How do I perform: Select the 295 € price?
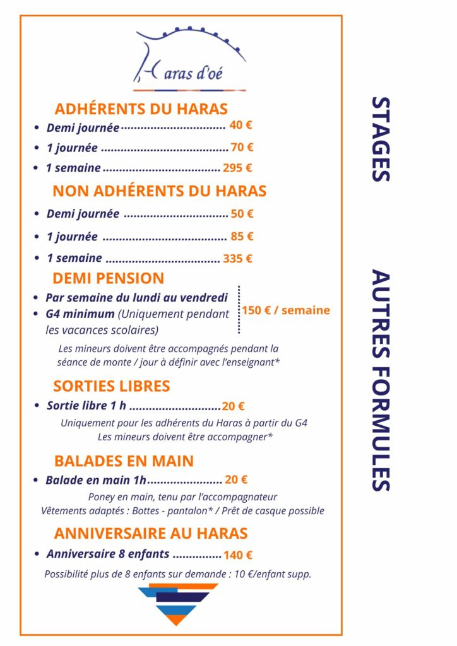[x=237, y=168]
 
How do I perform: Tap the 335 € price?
[x=238, y=258]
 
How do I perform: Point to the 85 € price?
[x=242, y=237]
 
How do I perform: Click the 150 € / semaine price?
[x=285, y=310]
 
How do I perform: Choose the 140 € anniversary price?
[x=238, y=555]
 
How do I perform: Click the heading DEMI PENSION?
[x=108, y=278]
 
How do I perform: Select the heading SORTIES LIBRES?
[x=112, y=385]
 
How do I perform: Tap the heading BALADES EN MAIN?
[x=124, y=461]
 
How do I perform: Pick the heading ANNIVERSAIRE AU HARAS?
[x=150, y=533]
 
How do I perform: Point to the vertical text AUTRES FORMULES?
[x=380, y=380]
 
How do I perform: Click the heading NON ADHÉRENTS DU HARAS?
[x=159, y=191]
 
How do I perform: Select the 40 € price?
[x=240, y=125]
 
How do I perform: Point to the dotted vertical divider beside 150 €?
[x=239, y=309]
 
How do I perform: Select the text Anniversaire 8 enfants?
[x=108, y=554]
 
